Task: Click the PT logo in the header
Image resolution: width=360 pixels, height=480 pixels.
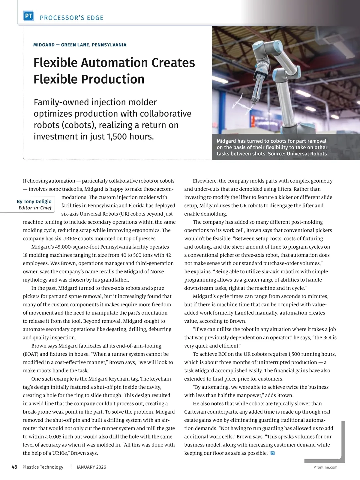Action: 28,16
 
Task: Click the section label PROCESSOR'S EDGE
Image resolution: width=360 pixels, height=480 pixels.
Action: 71,18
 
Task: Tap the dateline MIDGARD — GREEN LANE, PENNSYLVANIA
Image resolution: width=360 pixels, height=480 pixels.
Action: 80,45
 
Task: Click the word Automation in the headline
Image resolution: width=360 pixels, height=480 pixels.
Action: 114,63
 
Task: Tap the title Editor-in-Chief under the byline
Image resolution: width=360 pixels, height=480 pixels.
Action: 35,208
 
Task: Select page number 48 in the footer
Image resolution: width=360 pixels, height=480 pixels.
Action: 14,467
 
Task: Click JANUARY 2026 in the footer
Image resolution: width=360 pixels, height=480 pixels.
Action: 91,467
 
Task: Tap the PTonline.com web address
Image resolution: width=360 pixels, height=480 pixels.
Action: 325,467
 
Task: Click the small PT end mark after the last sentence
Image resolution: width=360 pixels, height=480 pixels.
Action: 273,453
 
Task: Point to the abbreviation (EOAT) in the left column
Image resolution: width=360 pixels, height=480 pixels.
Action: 31,354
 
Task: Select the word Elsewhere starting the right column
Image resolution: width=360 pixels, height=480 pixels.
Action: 205,181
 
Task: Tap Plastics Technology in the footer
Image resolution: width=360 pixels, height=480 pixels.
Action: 43,467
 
